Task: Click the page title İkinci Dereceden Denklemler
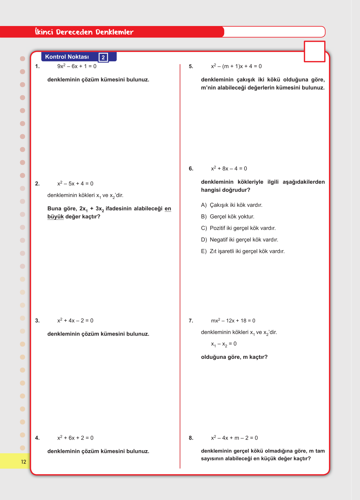[84, 32]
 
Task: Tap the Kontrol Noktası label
[67, 57]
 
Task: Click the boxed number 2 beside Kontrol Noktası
[103, 57]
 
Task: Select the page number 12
[24, 462]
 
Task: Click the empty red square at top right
[314, 51]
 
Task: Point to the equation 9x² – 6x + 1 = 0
[77, 66]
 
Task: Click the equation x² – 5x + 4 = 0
[75, 184]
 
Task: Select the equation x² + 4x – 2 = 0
[75, 320]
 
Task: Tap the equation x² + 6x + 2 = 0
[75, 438]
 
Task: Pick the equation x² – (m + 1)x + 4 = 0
[236, 66]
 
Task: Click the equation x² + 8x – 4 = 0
[229, 168]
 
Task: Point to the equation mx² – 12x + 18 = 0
[233, 320]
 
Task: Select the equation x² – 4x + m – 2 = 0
[234, 438]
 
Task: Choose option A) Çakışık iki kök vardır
[232, 205]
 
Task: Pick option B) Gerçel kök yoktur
[228, 216]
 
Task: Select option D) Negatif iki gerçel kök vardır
[239, 240]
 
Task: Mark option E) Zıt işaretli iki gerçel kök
[243, 251]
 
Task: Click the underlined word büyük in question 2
[55, 217]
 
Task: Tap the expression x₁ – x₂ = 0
[224, 344]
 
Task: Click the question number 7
[191, 321]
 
